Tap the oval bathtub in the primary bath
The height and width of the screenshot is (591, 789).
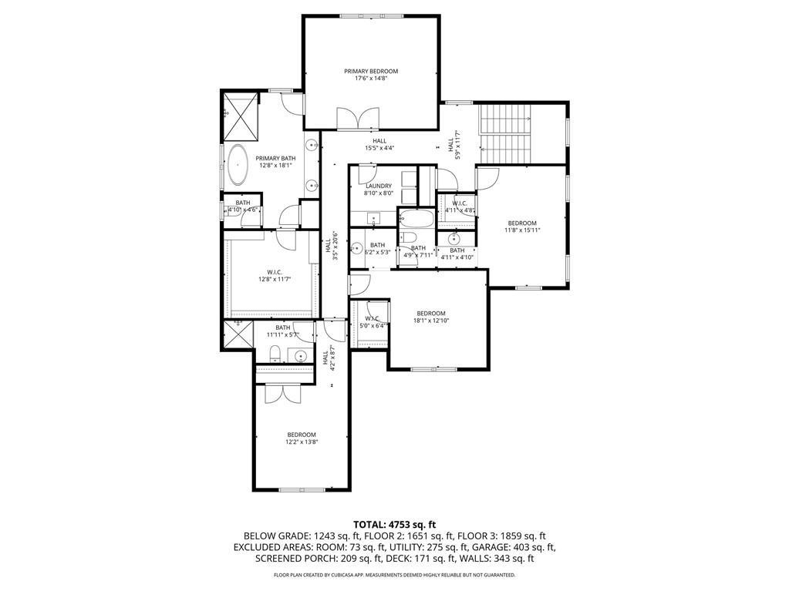(x=237, y=164)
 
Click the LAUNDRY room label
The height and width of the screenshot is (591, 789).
(x=379, y=186)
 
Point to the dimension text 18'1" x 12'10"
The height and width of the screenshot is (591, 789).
(x=430, y=321)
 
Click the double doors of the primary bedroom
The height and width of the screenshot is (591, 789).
(x=358, y=119)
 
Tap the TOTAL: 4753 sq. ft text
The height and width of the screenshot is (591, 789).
(x=394, y=524)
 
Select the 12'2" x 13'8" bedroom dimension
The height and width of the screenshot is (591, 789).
(x=302, y=442)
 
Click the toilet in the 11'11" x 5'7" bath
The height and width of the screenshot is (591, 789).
(x=275, y=354)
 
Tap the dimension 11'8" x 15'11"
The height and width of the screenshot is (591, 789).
(x=521, y=230)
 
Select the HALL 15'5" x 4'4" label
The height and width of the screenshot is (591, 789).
(x=379, y=144)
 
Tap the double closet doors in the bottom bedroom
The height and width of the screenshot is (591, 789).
(x=276, y=392)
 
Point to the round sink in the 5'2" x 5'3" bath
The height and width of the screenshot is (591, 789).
(x=357, y=248)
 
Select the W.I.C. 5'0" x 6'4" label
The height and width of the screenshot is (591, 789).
(x=373, y=322)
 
